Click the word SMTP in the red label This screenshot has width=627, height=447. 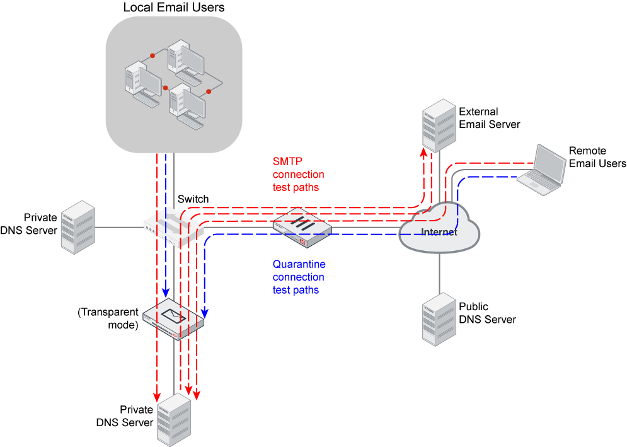point(287,161)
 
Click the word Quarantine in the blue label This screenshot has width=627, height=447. point(299,265)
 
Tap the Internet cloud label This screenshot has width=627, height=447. point(439,232)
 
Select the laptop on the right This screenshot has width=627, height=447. point(542,168)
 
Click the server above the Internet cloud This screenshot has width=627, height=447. point(439,125)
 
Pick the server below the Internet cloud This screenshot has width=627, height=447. point(439,319)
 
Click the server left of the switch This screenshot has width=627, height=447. point(78,227)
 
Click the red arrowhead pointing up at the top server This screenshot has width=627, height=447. point(423,151)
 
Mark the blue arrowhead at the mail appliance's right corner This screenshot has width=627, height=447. point(205,313)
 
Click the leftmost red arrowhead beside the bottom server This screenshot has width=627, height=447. point(156,397)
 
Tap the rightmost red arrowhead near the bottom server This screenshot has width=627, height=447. point(196,396)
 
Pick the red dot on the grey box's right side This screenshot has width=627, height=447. point(209,91)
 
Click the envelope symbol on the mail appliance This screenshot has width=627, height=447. point(173,315)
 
